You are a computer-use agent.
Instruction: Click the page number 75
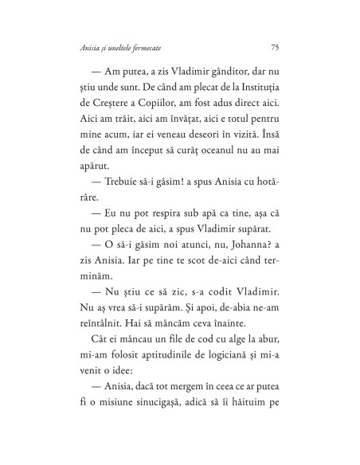[x=275, y=47]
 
